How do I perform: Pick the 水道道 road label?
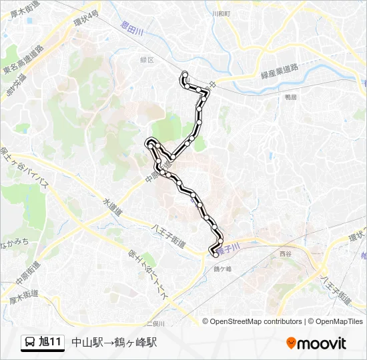coord(113,207)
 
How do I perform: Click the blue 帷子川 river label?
coord(230,247)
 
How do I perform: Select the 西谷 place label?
coord(286,254)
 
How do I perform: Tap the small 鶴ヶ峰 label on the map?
coord(222,269)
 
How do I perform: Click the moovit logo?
coord(316,343)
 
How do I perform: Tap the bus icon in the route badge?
coord(30,343)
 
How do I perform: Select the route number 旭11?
coord(51,343)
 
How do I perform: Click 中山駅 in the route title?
coord(86,343)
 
